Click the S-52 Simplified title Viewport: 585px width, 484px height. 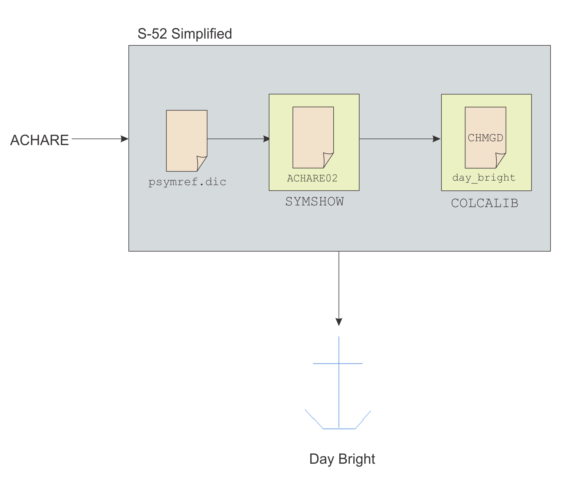185,34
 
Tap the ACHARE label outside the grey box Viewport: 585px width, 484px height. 39,140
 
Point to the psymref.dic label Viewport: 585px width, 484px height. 187,182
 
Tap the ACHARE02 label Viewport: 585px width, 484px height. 312,178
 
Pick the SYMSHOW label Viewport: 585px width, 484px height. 314,201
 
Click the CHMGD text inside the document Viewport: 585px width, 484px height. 485,138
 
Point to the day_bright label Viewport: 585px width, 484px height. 484,177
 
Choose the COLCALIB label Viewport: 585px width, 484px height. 485,203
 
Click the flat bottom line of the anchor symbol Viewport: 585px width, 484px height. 339,429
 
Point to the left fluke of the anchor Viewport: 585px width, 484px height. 313,419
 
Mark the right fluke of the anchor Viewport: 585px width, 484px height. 363,419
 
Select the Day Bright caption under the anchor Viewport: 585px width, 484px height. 342,459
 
